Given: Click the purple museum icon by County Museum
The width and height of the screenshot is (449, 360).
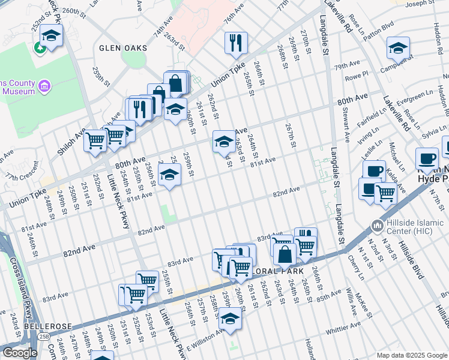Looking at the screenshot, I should point(44,87).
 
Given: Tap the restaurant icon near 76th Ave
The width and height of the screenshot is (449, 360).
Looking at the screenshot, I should point(234,42).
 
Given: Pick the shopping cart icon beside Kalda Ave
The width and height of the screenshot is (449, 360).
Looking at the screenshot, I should point(385,193).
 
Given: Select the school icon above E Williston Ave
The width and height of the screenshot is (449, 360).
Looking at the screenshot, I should point(229,318).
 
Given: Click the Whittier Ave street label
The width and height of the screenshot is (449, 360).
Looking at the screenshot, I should point(343,325).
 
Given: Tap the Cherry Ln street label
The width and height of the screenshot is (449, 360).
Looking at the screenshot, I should point(356,268).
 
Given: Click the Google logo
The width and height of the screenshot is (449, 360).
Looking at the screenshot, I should point(20,353).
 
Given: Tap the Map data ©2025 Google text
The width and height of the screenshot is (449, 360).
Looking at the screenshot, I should point(411,355).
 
